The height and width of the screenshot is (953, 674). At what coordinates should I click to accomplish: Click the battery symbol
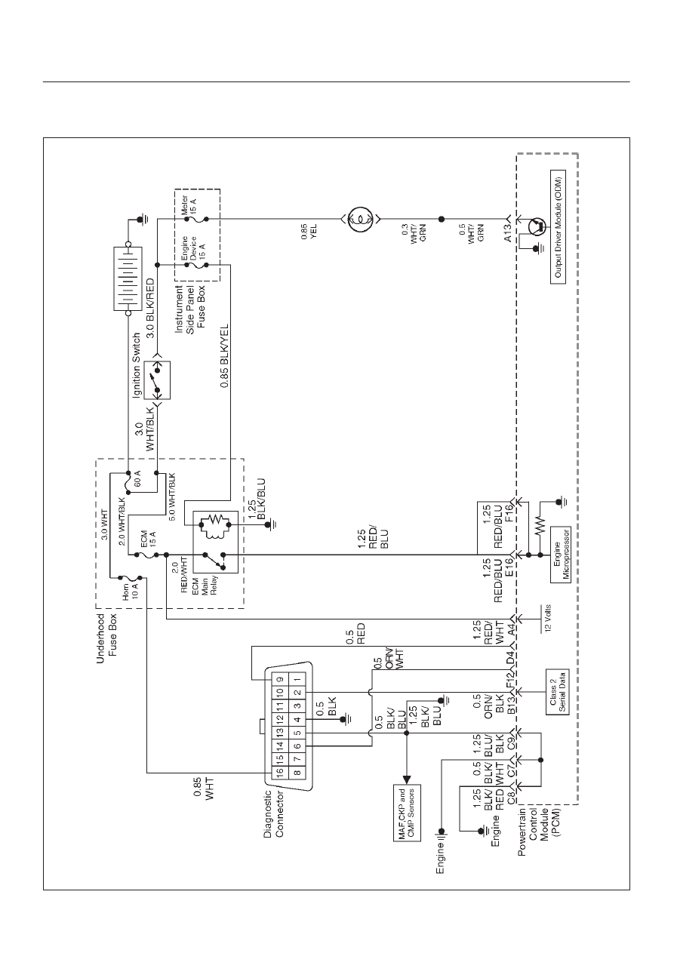tap(128, 278)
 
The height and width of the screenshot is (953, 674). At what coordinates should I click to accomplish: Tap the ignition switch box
tap(157, 380)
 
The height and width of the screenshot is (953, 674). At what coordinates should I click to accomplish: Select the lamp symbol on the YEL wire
tap(360, 220)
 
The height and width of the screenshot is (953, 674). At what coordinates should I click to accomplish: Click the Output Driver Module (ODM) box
tap(558, 227)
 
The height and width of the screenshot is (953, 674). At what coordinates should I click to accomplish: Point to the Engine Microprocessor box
tap(561, 555)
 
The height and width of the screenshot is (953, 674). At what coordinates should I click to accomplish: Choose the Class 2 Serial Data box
tap(558, 692)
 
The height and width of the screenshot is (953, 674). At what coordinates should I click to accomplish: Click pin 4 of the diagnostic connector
tap(298, 719)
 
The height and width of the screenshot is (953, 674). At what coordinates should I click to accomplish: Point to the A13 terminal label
tap(508, 232)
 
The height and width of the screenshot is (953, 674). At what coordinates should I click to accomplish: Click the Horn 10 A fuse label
tap(130, 591)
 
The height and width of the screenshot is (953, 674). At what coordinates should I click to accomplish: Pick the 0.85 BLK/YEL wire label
tap(224, 356)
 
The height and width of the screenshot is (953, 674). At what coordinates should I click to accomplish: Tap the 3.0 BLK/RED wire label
tap(150, 309)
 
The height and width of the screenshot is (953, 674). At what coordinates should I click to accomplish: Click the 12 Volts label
tap(548, 618)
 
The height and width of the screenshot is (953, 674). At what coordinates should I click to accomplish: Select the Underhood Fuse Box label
tap(106, 638)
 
